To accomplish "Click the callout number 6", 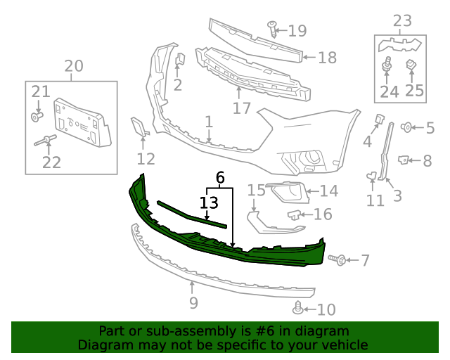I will click(x=220, y=179).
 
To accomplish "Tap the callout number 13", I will click(x=209, y=203).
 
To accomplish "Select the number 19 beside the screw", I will click(x=297, y=30).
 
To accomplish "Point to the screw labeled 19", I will click(x=273, y=28).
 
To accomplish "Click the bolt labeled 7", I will click(x=337, y=260).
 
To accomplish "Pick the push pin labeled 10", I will click(x=298, y=307).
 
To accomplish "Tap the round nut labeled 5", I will click(x=406, y=127).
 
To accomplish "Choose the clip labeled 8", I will click(x=404, y=160).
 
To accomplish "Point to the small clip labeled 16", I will click(x=295, y=214).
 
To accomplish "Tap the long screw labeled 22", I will click(x=47, y=139).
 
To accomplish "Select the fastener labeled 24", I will click(x=386, y=67).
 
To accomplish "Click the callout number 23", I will click(x=402, y=21).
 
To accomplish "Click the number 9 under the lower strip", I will click(x=193, y=303).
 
